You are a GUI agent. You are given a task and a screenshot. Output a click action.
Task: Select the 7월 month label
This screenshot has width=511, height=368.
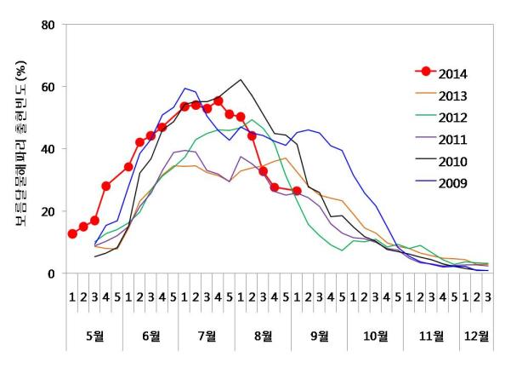point(207,336)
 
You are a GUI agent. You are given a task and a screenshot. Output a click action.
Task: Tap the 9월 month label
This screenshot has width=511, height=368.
point(319,336)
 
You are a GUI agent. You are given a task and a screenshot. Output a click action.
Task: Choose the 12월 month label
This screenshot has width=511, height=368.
point(476,336)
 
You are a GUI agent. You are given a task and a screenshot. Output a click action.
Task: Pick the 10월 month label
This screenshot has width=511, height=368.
point(375,336)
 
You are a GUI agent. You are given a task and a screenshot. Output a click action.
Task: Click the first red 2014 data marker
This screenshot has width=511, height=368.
point(72,233)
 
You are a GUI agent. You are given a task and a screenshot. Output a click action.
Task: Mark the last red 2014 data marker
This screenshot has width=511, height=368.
point(296,191)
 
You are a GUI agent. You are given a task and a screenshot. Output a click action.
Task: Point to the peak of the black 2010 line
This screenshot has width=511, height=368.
point(241,80)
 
